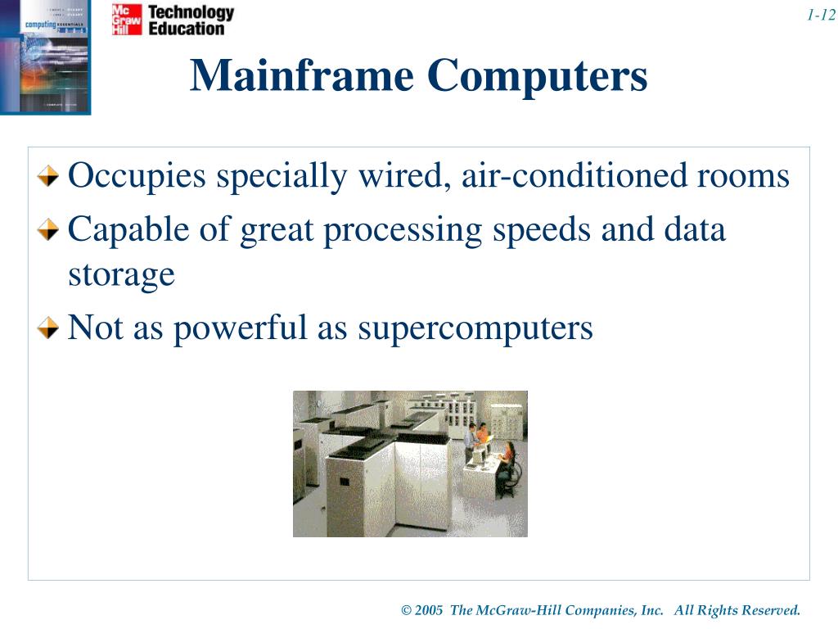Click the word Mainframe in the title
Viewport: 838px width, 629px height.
(302, 76)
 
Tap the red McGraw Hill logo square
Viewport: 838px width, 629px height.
(127, 20)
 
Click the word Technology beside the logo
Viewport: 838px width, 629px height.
(191, 12)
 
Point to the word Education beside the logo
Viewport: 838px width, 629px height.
(186, 29)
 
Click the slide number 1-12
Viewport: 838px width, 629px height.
(820, 15)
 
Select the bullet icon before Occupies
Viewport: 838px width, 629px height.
(51, 176)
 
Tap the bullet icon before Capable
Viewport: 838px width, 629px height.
(51, 230)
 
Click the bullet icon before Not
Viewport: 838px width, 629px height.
(51, 328)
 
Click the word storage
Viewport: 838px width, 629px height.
(121, 274)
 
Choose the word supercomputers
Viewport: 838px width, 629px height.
(475, 328)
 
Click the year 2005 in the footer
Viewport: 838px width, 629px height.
(429, 610)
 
